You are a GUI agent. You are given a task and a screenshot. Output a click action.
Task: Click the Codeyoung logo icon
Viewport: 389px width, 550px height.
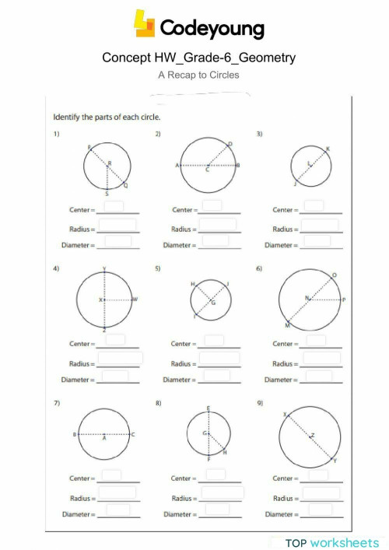click(x=145, y=24)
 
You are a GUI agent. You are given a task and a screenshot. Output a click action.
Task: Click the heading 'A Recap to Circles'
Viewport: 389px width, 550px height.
click(x=198, y=75)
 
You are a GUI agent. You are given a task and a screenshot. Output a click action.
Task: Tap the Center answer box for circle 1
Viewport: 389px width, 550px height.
click(x=114, y=206)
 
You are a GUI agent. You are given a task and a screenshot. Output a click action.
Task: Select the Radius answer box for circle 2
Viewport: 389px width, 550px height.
click(x=218, y=225)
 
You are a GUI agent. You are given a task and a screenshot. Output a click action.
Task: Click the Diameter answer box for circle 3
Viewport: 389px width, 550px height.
click(x=317, y=241)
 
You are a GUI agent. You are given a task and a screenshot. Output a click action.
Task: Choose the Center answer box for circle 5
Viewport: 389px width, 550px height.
click(x=214, y=340)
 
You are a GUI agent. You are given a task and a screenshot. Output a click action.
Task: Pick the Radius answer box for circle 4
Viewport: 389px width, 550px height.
click(x=120, y=359)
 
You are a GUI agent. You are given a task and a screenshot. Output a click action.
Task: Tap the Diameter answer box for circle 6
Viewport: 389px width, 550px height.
click(x=318, y=377)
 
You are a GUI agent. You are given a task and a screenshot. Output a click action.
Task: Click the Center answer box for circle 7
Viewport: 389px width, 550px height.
click(x=112, y=475)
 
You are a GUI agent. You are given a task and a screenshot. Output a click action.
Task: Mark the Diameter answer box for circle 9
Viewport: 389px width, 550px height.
click(x=318, y=510)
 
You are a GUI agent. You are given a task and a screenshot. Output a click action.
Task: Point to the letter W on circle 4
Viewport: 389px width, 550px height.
click(x=135, y=300)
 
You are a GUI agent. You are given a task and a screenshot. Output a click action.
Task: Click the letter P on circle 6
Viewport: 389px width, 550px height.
click(x=343, y=300)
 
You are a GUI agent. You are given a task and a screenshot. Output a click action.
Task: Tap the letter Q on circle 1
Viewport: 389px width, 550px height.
click(x=126, y=186)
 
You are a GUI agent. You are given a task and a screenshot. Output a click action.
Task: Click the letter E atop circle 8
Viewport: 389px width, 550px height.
click(x=209, y=408)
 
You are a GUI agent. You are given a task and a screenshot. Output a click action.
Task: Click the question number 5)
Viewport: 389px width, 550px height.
click(x=158, y=268)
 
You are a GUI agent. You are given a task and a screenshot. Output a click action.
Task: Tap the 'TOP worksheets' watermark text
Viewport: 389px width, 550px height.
click(x=332, y=542)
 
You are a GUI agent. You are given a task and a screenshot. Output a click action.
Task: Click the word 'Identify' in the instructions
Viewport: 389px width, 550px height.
click(x=65, y=118)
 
